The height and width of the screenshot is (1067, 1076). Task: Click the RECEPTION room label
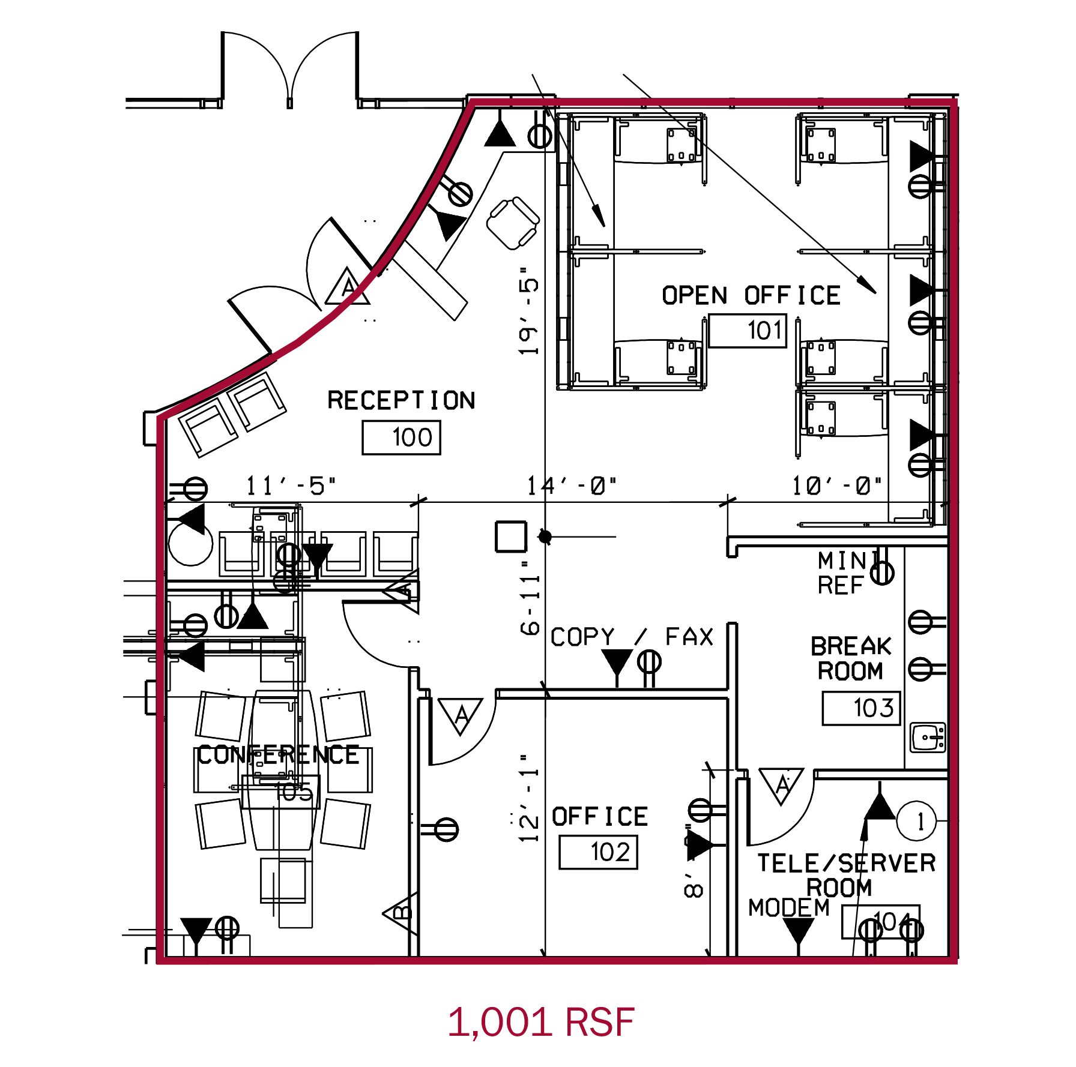401,400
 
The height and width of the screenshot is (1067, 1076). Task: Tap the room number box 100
401,437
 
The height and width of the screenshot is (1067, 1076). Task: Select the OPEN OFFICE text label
751,296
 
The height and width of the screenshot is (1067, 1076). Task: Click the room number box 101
748,330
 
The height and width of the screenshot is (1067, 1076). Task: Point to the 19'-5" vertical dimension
528,311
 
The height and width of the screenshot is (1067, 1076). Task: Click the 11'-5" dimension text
291,485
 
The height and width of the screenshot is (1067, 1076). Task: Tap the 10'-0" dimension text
836,485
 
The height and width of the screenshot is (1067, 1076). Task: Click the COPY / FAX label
632,637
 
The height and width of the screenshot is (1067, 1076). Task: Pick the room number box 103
861,708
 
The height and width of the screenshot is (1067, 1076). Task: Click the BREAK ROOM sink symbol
928,738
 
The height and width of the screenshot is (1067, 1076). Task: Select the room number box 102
598,852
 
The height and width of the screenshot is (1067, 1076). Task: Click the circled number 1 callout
916,820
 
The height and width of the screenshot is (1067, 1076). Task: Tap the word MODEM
788,908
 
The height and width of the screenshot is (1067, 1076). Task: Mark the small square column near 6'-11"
511,537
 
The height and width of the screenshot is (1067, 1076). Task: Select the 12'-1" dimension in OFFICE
529,798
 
